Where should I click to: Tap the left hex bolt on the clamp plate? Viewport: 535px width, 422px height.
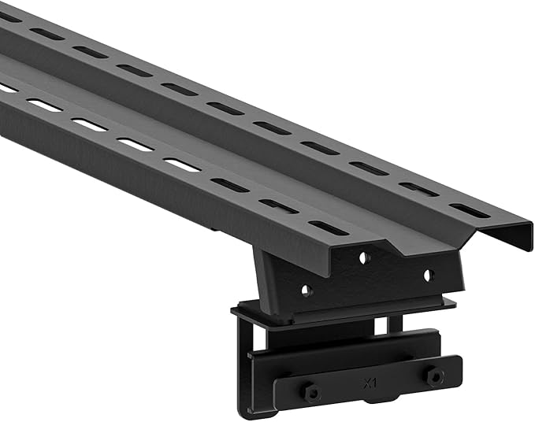point(311,391)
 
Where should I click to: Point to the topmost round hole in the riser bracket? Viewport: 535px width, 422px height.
point(363,257)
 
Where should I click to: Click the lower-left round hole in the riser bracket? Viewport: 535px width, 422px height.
point(307,291)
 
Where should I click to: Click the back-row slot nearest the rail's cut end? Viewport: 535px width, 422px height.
point(470,210)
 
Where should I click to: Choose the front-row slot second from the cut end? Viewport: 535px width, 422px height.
point(279,205)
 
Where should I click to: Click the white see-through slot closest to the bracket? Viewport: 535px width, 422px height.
point(182,165)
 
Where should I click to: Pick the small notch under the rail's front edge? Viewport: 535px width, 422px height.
point(214,229)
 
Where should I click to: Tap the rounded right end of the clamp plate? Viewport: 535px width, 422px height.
point(458,368)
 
